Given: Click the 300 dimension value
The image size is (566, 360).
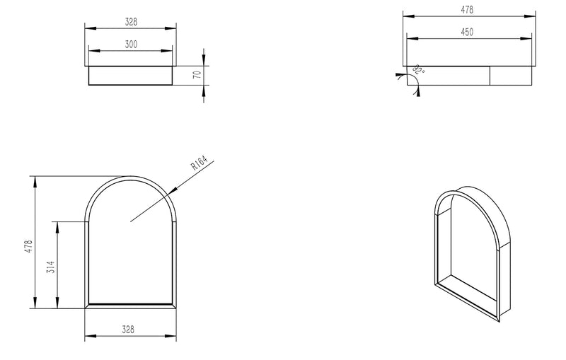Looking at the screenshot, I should tap(131, 45).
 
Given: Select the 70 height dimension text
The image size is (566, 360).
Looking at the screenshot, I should tap(197, 74).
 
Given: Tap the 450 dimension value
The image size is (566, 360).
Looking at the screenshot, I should tap(467, 32).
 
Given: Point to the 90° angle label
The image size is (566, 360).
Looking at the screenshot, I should tap(419, 69).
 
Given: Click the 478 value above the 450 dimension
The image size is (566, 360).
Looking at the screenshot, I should tap(467, 9).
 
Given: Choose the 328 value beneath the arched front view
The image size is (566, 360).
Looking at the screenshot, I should tap(129, 330).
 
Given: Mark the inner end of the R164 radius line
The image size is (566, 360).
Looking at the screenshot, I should tap(131, 221).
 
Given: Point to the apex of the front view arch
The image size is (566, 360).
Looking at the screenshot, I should tap(130, 175).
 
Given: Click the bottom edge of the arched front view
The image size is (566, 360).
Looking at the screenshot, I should tap(130, 308).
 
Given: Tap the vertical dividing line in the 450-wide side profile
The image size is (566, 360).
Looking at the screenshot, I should tap(492, 74).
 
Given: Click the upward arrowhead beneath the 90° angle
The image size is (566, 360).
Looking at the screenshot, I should tap(417, 93).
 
